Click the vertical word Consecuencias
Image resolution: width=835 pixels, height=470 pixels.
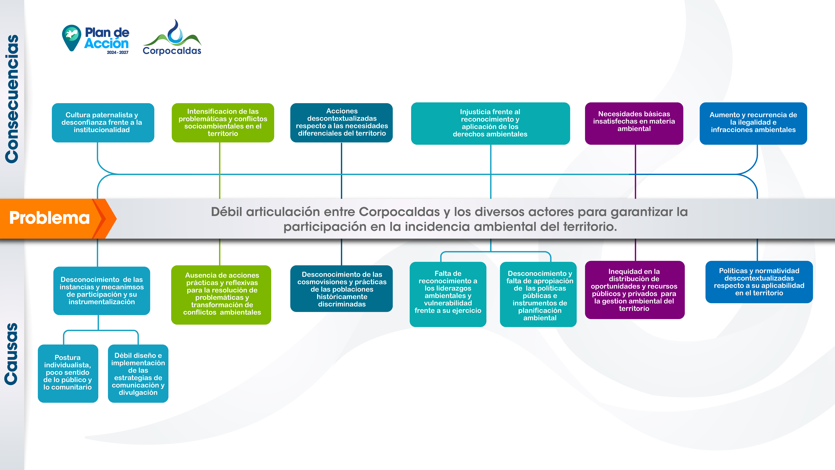(x=12, y=99)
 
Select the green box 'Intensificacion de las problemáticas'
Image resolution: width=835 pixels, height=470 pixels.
(x=223, y=123)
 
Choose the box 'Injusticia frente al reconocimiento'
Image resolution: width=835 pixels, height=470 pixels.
(x=490, y=123)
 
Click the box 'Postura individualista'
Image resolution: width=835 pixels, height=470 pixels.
(x=68, y=373)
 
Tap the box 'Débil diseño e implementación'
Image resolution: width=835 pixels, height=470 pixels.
(x=138, y=374)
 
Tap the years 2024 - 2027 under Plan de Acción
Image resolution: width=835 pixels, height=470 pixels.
(x=118, y=53)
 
